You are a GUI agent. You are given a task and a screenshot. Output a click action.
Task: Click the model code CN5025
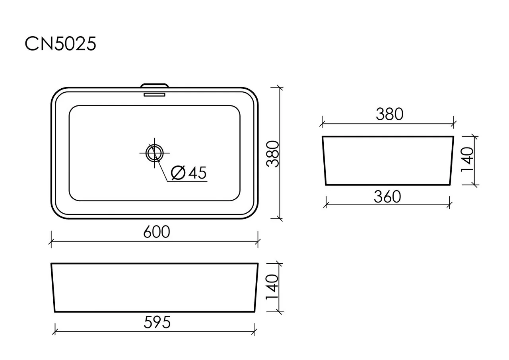pyautogui.click(x=60, y=44)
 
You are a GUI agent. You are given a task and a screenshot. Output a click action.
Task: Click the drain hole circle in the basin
pyautogui.click(x=155, y=145)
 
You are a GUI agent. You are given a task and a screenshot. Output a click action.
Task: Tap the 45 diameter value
pyautogui.click(x=198, y=173)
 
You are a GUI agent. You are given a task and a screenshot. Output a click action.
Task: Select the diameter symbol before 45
pyautogui.click(x=179, y=173)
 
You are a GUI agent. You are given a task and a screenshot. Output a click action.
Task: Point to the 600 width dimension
pyautogui.click(x=157, y=232)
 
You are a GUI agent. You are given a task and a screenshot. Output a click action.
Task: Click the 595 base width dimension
pyautogui.click(x=157, y=322)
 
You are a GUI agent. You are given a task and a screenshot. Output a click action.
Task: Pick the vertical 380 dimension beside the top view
pyautogui.click(x=273, y=154)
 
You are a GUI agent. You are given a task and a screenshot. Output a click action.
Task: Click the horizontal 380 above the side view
pyautogui.click(x=389, y=114)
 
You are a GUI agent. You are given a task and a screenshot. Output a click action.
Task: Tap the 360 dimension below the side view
pyautogui.click(x=387, y=197)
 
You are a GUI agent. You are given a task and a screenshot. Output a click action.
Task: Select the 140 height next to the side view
pyautogui.click(x=467, y=160)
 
